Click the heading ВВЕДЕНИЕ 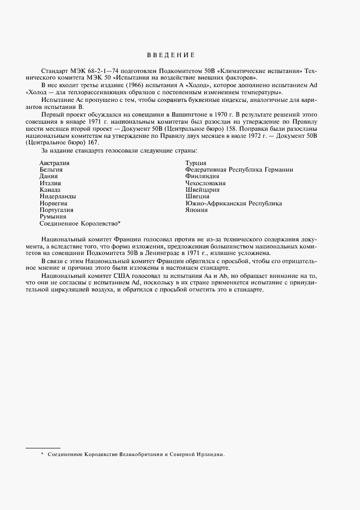point(170,55)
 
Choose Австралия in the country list point(54,163)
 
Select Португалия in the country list point(56,210)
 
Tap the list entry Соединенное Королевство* point(80,223)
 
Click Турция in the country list point(196,163)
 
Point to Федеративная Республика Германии point(239,169)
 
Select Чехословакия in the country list point(206,183)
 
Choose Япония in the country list point(196,210)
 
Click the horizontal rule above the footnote point(43,448)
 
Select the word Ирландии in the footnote point(210,454)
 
